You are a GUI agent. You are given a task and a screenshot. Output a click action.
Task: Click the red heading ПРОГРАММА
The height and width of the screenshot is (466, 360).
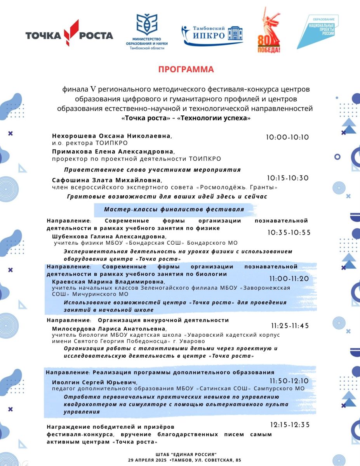click(x=186, y=70)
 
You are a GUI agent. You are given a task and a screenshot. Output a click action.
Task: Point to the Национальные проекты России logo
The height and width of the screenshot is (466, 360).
click(x=318, y=31)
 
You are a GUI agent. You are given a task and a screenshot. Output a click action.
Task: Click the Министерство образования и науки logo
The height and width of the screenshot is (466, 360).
click(x=147, y=31)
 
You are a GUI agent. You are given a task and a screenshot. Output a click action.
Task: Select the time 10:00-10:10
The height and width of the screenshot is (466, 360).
click(x=287, y=137)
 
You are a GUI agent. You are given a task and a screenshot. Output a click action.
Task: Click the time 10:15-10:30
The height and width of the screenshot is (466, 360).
click(x=288, y=178)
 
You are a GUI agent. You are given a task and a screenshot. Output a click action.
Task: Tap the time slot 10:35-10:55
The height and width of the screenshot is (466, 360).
click(x=289, y=233)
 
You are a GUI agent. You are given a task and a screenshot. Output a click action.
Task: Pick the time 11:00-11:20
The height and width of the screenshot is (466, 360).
click(x=289, y=279)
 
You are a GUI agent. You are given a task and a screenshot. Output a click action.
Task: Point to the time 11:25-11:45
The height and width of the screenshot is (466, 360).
click(x=290, y=326)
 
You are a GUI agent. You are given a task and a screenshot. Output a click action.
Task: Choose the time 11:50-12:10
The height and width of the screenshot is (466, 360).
click(x=289, y=381)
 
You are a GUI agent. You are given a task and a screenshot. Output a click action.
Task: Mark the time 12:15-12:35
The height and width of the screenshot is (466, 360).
click(x=290, y=424)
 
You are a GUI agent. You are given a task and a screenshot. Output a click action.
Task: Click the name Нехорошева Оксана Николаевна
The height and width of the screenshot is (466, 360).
click(x=111, y=136)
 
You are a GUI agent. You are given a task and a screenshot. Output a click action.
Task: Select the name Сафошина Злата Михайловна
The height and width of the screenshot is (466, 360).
click(x=106, y=180)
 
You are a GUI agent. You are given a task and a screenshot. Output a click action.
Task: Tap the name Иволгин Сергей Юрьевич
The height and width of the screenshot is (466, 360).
click(x=94, y=383)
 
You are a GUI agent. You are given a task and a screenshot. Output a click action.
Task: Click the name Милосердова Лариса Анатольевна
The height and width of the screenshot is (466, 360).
click(x=106, y=329)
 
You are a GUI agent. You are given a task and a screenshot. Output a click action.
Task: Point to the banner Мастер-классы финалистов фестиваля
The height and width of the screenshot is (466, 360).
click(x=174, y=210)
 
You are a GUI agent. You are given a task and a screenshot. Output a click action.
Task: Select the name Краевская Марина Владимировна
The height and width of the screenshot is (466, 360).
click(x=108, y=282)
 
